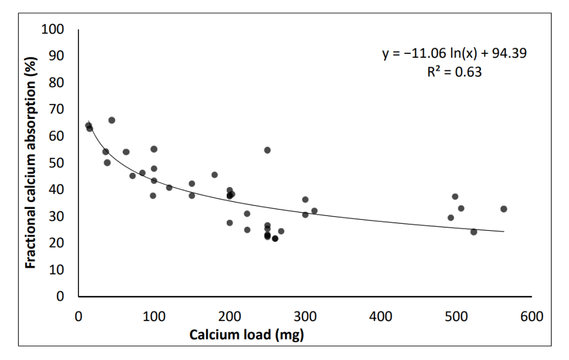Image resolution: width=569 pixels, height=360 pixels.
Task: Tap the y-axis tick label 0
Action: (x=67, y=297)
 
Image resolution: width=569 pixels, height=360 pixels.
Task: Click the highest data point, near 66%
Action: (x=112, y=120)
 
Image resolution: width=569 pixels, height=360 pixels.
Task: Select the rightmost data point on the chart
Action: (x=503, y=209)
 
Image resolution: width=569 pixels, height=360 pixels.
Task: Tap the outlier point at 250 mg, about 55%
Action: (x=267, y=150)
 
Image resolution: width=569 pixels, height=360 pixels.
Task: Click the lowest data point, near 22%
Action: (x=275, y=238)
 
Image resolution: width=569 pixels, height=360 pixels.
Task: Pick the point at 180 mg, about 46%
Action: (x=214, y=174)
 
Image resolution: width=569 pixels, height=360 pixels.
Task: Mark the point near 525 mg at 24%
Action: (x=473, y=232)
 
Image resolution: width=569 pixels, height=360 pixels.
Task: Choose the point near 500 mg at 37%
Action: (x=455, y=197)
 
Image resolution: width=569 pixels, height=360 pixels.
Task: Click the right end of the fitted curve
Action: (x=503, y=231)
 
